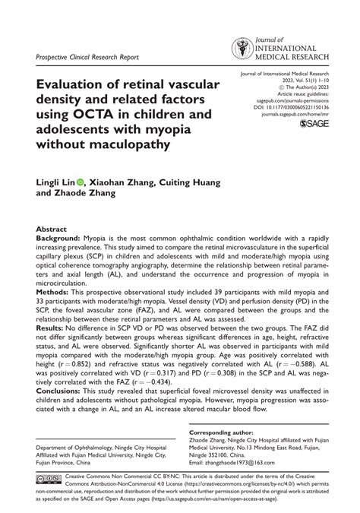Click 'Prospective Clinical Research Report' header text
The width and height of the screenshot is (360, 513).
tap(87, 58)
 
